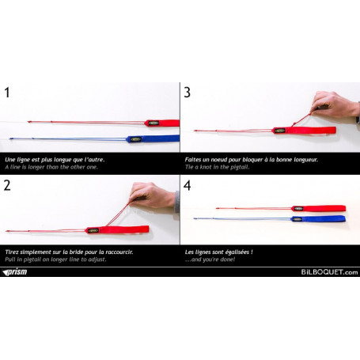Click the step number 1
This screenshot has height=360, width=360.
pyautogui.click(x=7, y=93)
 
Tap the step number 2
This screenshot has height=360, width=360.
pyautogui.click(x=7, y=185)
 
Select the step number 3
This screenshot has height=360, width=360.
pyautogui.click(x=187, y=93)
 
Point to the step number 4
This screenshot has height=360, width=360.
pyautogui.click(x=187, y=185)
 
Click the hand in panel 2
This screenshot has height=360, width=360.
pyautogui.click(x=153, y=195)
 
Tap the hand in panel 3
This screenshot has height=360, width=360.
pyautogui.click(x=335, y=104)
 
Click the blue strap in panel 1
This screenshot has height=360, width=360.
pyautogui.click(x=153, y=138)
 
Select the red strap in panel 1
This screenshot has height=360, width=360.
pyautogui.click(x=162, y=123)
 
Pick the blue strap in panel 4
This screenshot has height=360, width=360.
pyautogui.click(x=319, y=219)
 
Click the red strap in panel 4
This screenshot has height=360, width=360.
pyautogui.click(x=319, y=208)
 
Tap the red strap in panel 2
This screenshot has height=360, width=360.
pyautogui.click(x=117, y=229)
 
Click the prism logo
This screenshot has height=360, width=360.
pyautogui.click(x=14, y=272)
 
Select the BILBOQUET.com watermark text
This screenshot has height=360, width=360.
pyautogui.click(x=329, y=272)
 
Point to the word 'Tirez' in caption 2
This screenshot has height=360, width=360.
pyautogui.click(x=12, y=252)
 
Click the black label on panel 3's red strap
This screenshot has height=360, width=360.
pyautogui.click(x=280, y=131)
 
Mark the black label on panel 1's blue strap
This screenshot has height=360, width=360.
pyautogui.click(x=136, y=139)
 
